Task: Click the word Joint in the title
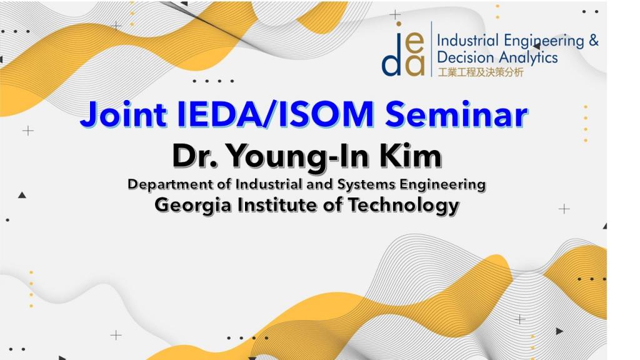point(123,115)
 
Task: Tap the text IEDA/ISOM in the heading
point(276,114)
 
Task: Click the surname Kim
point(411,156)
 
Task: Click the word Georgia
point(192,205)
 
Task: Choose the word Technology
point(404,205)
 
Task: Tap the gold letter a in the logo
point(415,66)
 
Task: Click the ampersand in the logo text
point(594,41)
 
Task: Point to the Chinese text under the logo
point(481,72)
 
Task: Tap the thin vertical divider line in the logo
point(431,49)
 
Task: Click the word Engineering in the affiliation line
point(442,185)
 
